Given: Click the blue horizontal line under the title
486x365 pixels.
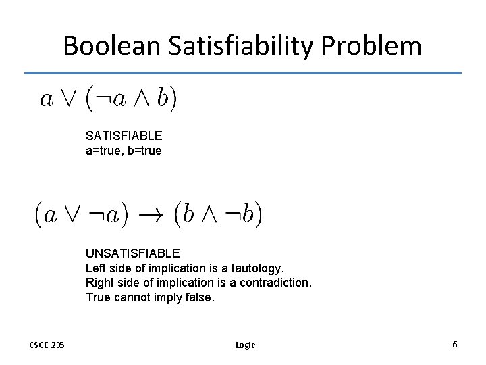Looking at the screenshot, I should (x=243, y=73).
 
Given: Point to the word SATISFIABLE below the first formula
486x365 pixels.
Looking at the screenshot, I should (x=124, y=136).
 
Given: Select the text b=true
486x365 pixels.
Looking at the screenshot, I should (x=144, y=150).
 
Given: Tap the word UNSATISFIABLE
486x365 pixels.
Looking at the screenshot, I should (x=132, y=253).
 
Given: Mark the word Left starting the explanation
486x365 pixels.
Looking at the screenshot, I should (x=96, y=268).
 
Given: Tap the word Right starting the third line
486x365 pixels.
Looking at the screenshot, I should (x=100, y=283).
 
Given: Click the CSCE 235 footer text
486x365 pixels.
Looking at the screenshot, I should (x=47, y=345).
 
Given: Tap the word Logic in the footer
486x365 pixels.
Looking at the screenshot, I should (x=245, y=345).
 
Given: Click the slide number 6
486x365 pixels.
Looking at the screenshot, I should (x=455, y=345).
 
